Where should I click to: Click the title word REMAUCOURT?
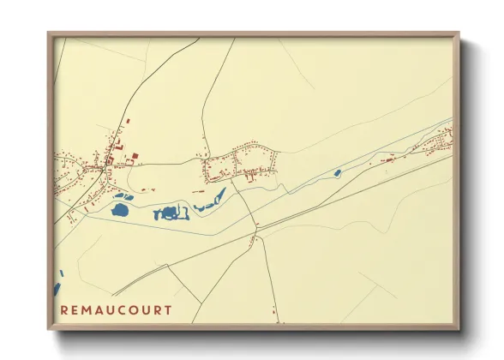click(117, 310)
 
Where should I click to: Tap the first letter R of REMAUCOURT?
click(65, 310)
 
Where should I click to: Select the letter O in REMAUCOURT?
click(133, 310)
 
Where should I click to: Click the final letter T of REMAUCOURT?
click(168, 310)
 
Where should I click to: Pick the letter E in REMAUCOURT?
click(75, 310)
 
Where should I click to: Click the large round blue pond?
click(120, 208)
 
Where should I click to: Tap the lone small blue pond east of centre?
click(337, 173)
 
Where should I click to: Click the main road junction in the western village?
click(105, 168)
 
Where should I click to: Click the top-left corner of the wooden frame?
click(48, 33)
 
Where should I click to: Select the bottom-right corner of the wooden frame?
click(459, 329)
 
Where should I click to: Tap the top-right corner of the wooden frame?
click(459, 33)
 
